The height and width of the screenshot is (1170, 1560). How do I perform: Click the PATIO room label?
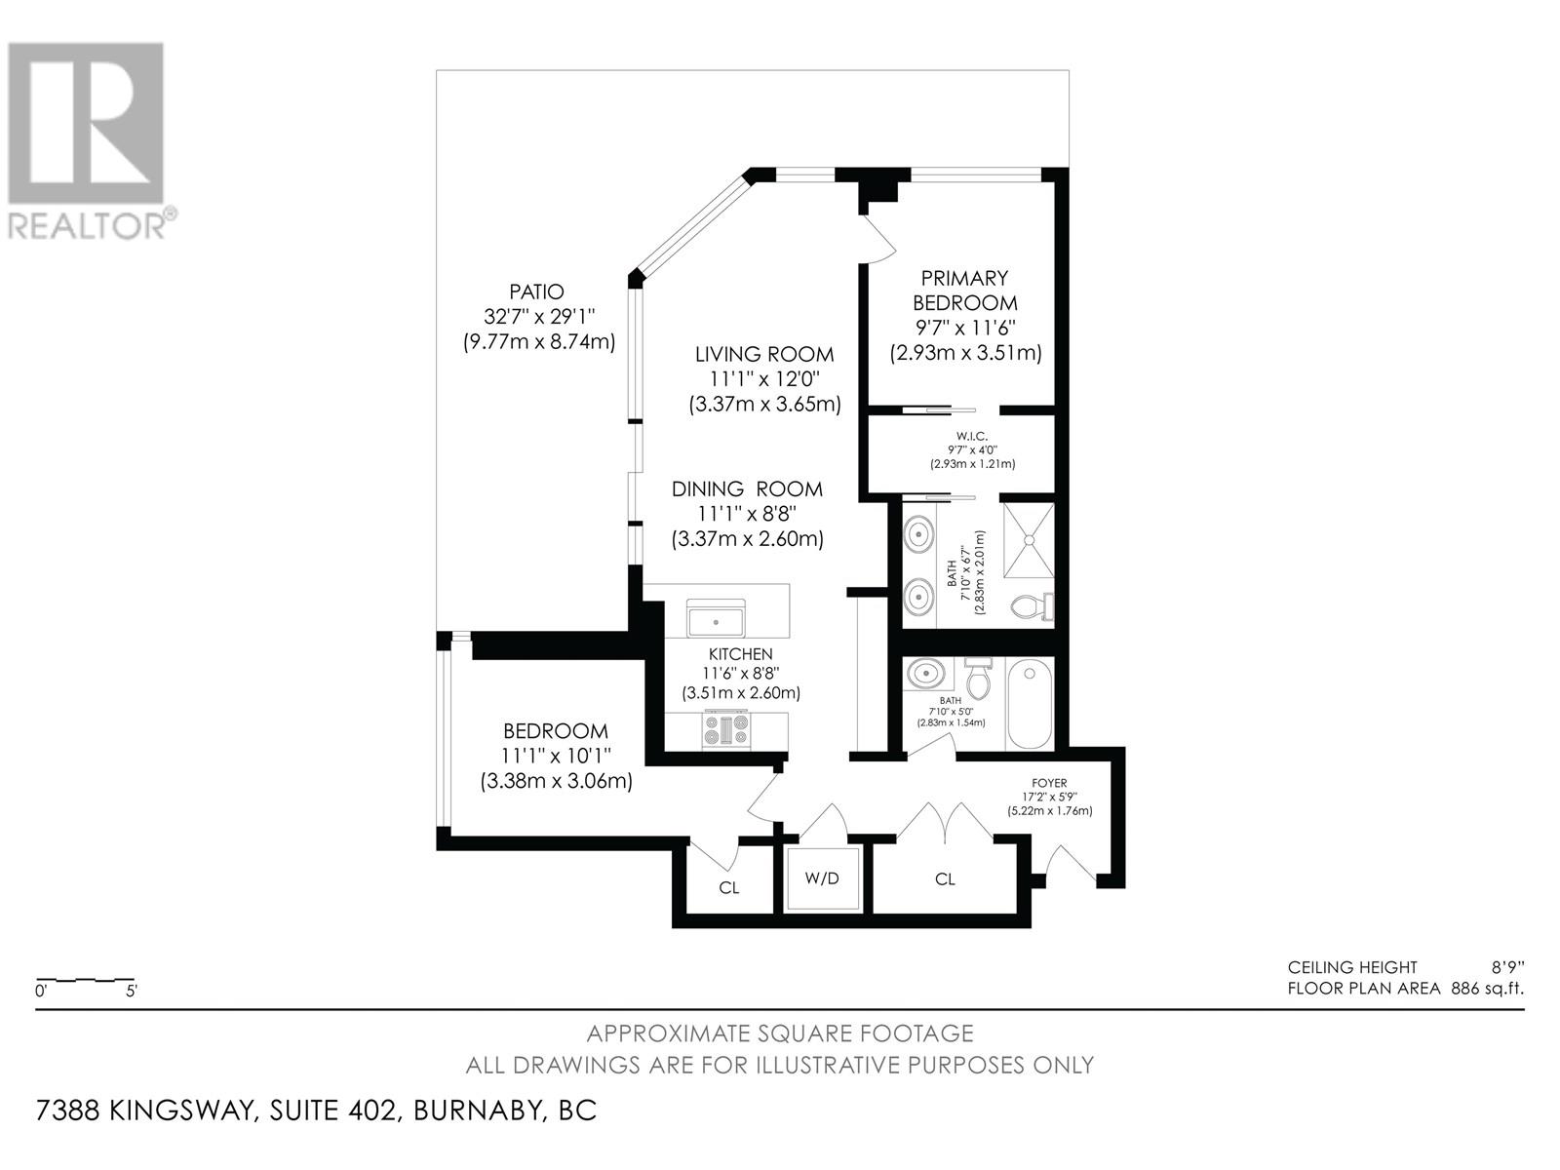click(x=536, y=292)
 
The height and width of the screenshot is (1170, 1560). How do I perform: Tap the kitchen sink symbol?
click(x=716, y=620)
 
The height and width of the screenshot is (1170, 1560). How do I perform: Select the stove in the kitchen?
click(x=726, y=729)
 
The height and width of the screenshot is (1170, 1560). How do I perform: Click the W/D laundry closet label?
click(x=822, y=878)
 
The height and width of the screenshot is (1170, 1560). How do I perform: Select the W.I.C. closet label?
click(x=971, y=435)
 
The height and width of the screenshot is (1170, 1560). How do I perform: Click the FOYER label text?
click(x=1049, y=783)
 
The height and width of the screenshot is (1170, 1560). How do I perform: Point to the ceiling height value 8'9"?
click(x=1506, y=967)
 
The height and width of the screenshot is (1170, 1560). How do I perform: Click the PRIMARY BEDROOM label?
click(x=964, y=291)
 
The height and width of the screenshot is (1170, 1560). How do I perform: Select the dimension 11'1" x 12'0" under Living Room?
click(x=764, y=379)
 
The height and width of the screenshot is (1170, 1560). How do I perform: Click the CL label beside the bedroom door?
click(x=728, y=888)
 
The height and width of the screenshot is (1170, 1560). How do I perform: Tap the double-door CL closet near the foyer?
click(x=944, y=879)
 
